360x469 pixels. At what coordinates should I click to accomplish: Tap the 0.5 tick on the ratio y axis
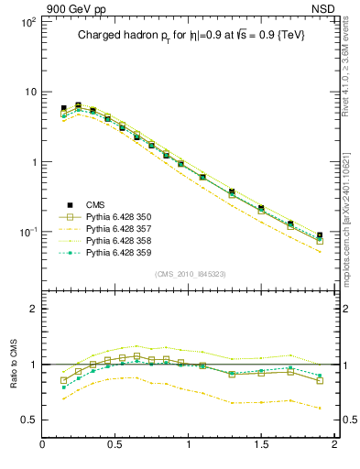[27, 420]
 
